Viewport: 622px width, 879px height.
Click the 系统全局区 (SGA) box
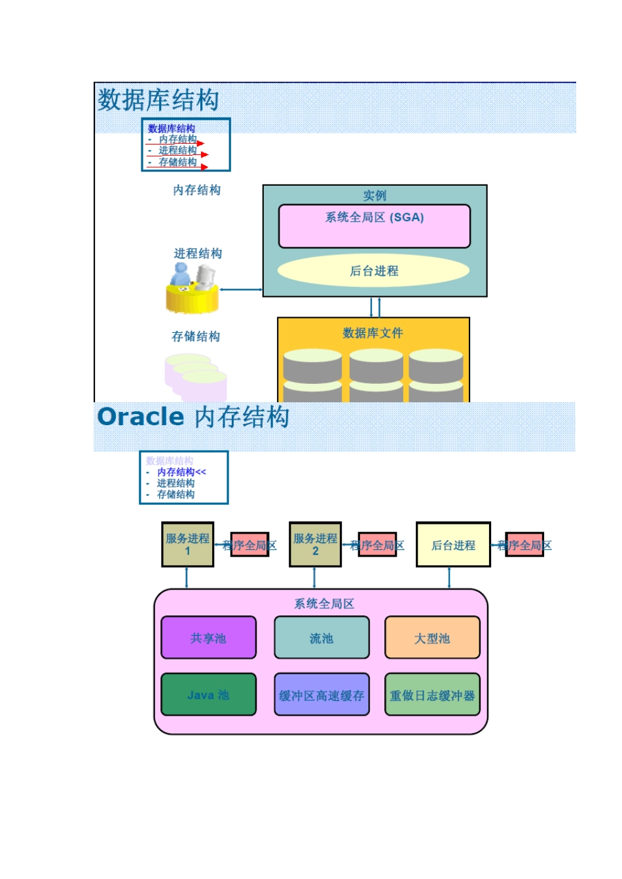tap(374, 226)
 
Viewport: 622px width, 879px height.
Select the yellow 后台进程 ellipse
tap(373, 271)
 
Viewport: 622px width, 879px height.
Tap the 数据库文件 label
tap(373, 333)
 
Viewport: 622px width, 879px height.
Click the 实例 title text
tap(375, 195)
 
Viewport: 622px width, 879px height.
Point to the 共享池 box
tap(208, 638)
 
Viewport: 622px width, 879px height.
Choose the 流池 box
tap(321, 638)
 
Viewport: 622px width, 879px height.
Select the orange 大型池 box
tap(432, 638)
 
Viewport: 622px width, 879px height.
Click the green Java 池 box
tap(208, 695)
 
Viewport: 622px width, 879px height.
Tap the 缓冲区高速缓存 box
tap(321, 695)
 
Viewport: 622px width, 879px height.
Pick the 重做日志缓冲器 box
tap(432, 695)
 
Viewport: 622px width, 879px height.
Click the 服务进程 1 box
tap(187, 544)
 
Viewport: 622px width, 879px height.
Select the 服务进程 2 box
tap(315, 544)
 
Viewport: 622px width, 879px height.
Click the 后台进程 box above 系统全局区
tap(453, 544)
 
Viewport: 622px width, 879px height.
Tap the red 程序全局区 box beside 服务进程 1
tap(249, 545)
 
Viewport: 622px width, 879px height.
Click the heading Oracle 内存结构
tap(193, 417)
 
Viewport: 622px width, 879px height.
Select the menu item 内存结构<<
tap(181, 472)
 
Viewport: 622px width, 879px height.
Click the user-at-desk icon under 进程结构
tap(192, 288)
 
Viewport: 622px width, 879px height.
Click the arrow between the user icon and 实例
tap(240, 289)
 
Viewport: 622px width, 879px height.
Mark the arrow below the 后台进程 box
tap(449, 577)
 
